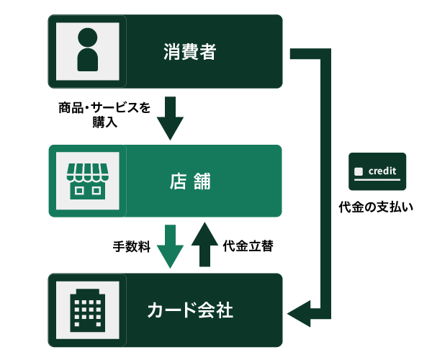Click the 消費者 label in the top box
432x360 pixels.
click(x=190, y=52)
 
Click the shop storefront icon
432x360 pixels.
click(x=87, y=181)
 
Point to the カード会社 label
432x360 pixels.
click(x=190, y=310)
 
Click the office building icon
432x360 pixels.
click(x=87, y=310)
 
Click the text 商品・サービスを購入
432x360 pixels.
click(x=104, y=114)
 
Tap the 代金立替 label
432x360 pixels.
click(x=247, y=246)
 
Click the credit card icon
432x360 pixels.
click(x=377, y=171)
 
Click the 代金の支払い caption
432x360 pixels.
click(x=377, y=207)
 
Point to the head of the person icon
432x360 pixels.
click(x=87, y=38)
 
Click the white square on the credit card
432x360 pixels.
click(x=359, y=172)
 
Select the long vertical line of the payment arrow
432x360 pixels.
click(x=324, y=180)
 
